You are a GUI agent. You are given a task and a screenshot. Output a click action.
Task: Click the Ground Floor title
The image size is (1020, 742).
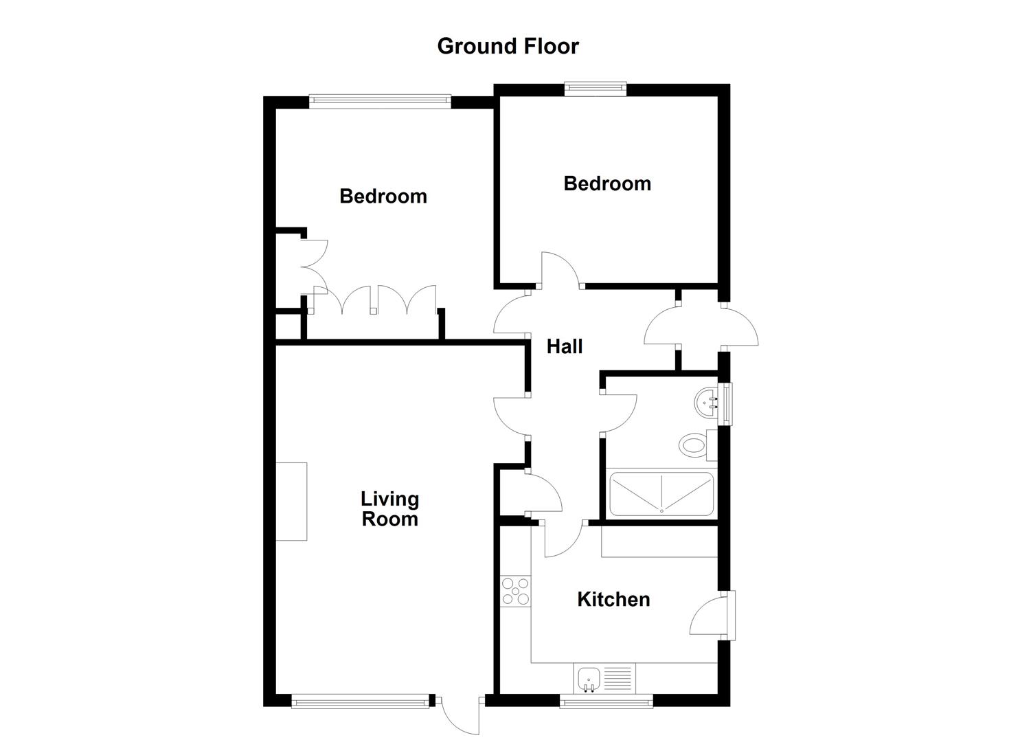(508, 46)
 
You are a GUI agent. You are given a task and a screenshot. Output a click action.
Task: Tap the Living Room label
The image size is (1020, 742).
(389, 509)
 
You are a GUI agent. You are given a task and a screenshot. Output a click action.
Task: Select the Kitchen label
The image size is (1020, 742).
(613, 599)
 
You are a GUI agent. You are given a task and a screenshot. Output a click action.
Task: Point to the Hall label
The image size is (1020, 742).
(564, 346)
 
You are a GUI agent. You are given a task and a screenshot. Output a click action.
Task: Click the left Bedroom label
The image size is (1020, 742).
(383, 196)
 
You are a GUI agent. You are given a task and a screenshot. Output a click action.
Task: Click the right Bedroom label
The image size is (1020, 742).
(607, 183)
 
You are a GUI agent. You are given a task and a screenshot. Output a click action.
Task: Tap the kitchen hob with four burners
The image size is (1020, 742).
(515, 592)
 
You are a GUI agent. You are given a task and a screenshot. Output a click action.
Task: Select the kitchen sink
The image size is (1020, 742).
(589, 679)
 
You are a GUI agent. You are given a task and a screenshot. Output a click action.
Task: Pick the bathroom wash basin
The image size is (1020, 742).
(707, 403)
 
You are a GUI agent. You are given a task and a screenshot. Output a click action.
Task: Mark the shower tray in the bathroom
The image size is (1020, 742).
(661, 494)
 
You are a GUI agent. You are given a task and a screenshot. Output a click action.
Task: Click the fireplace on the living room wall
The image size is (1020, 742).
(291, 501)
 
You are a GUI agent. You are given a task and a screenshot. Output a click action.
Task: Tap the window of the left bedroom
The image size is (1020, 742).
(380, 102)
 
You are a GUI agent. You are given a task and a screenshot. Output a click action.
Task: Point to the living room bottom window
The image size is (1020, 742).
(360, 701)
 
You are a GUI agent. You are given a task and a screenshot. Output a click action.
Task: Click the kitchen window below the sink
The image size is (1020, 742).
(605, 701)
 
